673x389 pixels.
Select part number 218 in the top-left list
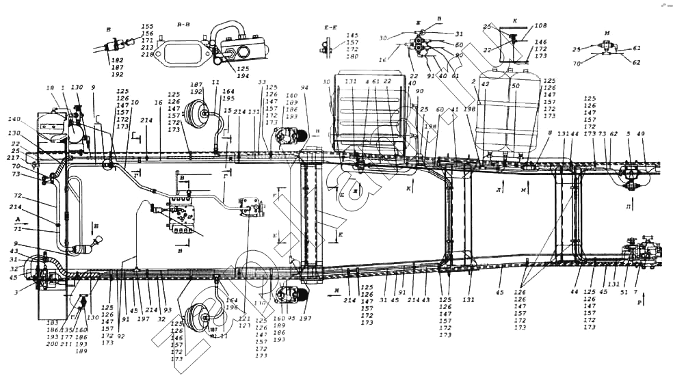tap(147, 54)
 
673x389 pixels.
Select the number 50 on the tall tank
tap(515, 86)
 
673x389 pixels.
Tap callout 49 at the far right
tap(640, 134)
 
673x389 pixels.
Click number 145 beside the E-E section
tap(352, 35)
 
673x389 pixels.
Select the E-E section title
tap(331, 28)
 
